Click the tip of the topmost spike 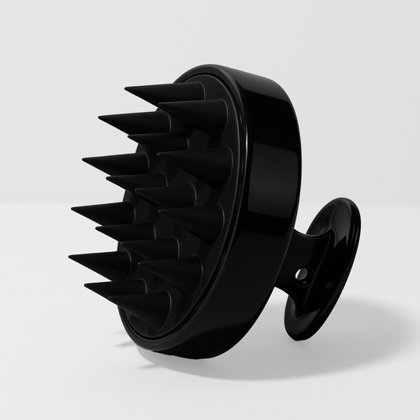[127, 87]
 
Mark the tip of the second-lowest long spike [71, 257]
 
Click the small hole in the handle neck [300, 273]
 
